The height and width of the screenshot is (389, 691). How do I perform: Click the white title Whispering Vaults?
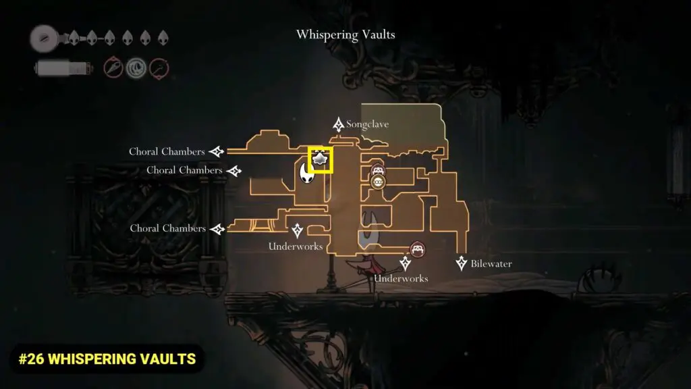coord(345,34)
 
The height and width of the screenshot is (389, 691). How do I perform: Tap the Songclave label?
coord(368,125)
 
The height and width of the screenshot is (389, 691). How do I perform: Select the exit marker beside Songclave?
coord(339,125)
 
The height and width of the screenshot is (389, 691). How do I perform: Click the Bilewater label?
coord(491,264)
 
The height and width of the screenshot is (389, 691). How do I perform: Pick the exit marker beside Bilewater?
coord(462,263)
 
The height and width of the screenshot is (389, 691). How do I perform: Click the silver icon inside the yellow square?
coord(321,159)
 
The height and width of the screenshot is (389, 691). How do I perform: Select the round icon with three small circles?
coord(378,181)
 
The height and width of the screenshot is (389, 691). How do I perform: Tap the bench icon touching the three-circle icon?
coord(378,170)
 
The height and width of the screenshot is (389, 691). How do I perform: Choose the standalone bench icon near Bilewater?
coord(418,249)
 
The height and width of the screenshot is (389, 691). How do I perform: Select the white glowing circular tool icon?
coord(136,68)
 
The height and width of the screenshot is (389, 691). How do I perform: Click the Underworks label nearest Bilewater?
coord(402,278)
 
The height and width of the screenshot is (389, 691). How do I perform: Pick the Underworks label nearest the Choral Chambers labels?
coord(296,247)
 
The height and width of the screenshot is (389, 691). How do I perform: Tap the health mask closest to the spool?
coord(74,38)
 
